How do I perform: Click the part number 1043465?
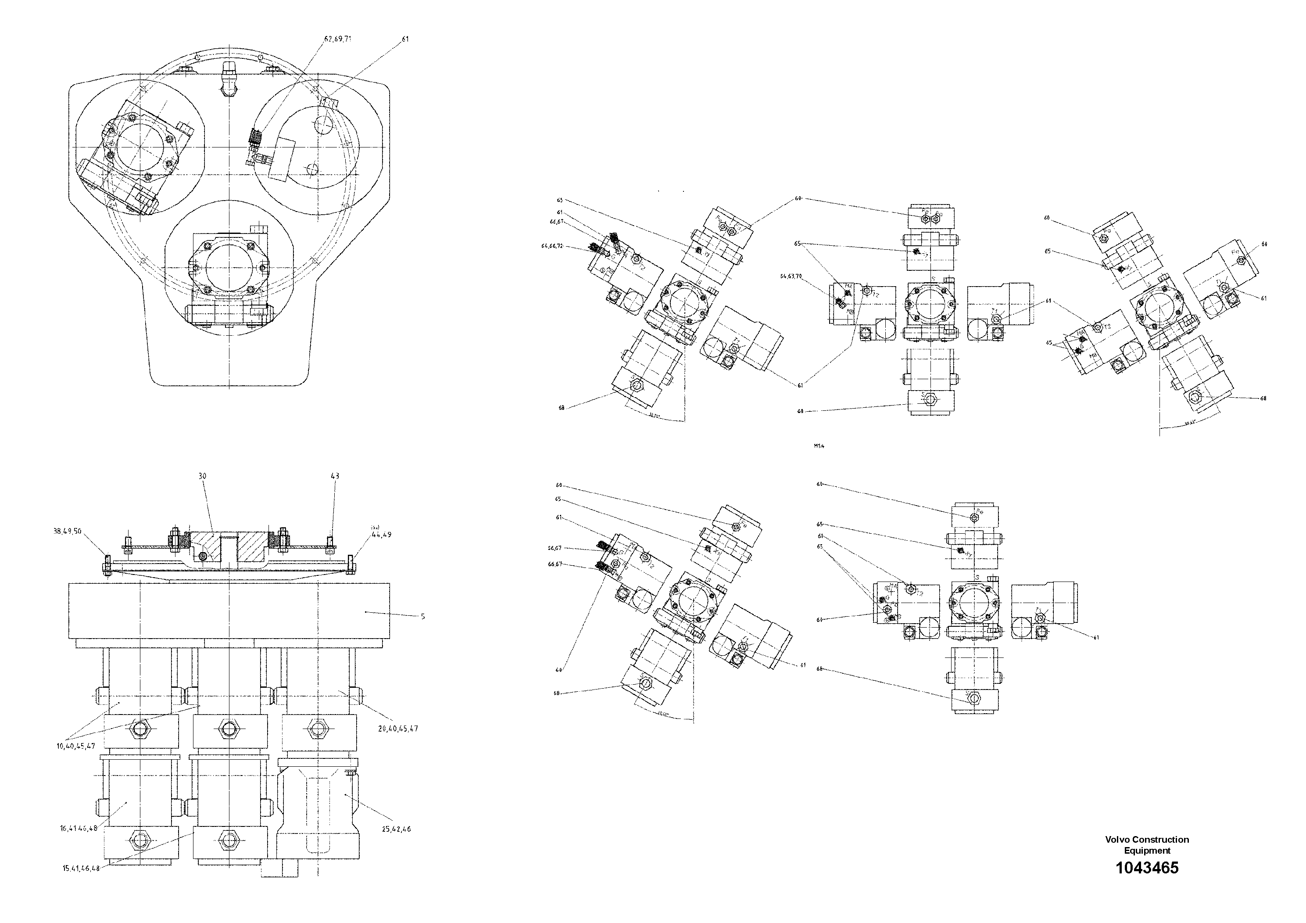coord(1147,868)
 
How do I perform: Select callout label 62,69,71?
coord(338,39)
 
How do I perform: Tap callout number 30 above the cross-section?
coord(203,476)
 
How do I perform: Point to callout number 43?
coord(335,476)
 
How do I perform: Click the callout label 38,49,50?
coord(68,531)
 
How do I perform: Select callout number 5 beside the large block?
coord(422,616)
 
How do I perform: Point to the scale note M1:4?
coord(819,445)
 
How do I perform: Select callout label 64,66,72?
coord(552,246)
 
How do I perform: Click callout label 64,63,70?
coord(791,276)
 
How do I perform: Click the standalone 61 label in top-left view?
coord(405,39)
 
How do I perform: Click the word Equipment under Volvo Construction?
coord(1147,851)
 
